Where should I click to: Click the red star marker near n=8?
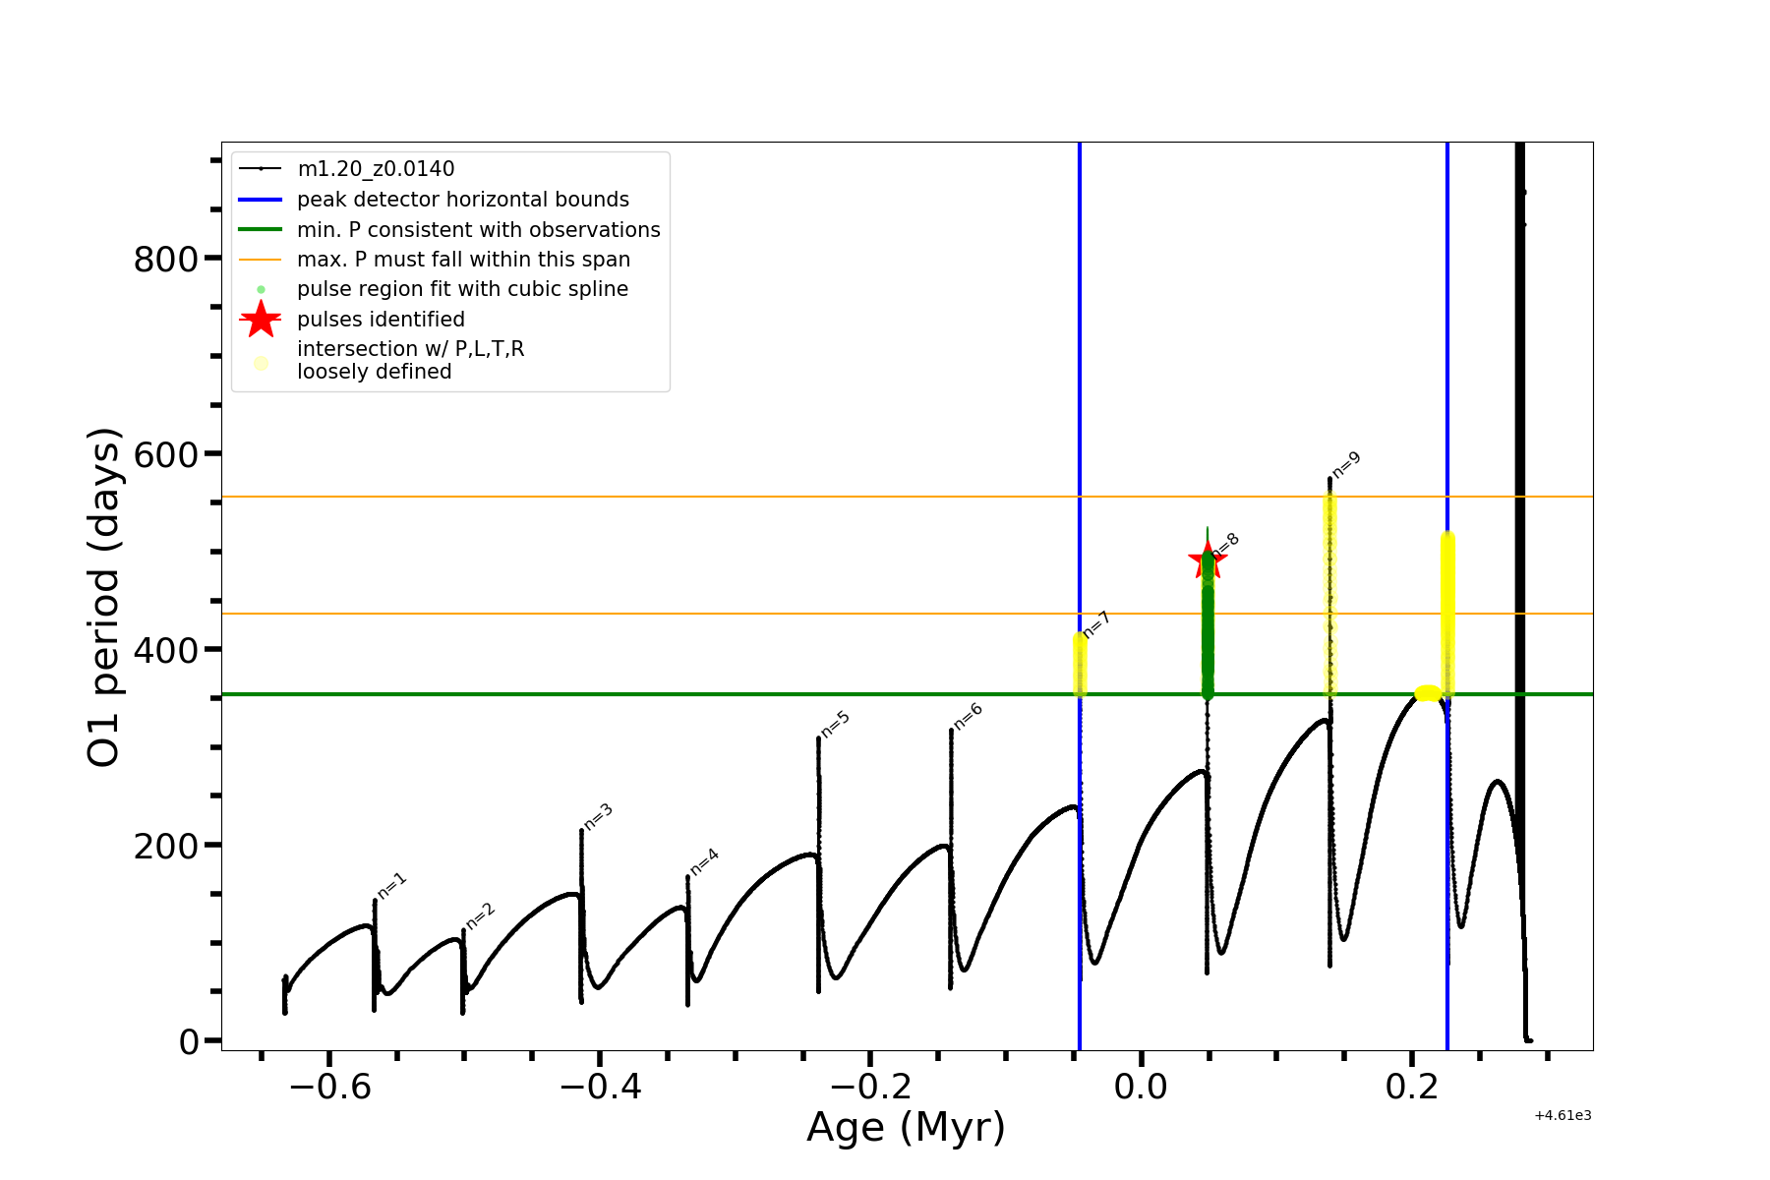tap(1207, 560)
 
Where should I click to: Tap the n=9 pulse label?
tap(1346, 464)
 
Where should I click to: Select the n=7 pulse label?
tap(1095, 624)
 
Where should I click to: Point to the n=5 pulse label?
tap(835, 724)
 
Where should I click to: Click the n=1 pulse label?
tap(391, 885)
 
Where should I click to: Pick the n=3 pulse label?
tap(598, 816)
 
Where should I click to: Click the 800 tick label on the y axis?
tap(165, 260)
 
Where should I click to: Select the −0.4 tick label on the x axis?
tap(600, 1088)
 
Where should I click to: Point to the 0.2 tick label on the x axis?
tap(1412, 1088)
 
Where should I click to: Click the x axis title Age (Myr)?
tap(906, 1128)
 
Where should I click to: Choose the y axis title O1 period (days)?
tap(104, 597)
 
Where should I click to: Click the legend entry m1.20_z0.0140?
tap(376, 170)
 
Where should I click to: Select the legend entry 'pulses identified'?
tap(381, 320)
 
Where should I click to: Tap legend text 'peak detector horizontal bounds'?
tap(462, 200)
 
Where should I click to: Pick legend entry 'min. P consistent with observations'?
tap(478, 230)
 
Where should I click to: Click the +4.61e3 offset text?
tap(1562, 1115)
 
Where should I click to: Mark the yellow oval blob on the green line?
tap(1428, 693)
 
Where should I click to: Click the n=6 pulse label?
tap(968, 716)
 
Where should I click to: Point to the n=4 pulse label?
tap(704, 861)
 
